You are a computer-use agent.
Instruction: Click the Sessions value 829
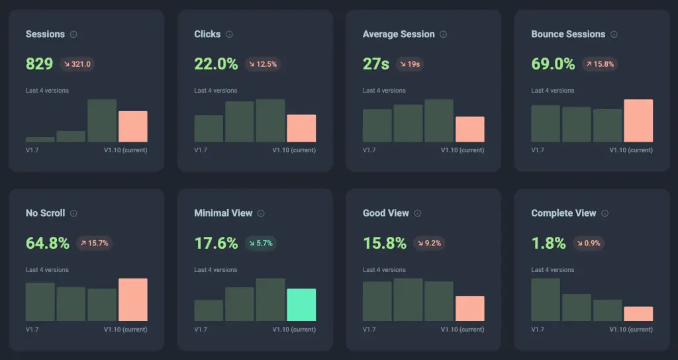[39, 64]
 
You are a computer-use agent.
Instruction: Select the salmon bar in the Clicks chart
[301, 128]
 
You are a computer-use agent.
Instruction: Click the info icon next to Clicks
[229, 34]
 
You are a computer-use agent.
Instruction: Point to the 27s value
[376, 64]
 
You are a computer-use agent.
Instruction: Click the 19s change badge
[411, 64]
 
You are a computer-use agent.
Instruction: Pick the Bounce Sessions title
[568, 34]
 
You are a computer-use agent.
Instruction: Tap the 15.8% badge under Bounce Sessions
[600, 64]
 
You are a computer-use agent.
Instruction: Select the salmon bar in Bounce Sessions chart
[638, 120]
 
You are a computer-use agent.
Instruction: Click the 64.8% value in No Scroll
[48, 243]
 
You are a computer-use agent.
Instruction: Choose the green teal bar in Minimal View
[301, 304]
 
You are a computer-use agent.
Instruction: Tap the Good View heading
[385, 213]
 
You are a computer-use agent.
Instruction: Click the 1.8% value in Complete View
[548, 243]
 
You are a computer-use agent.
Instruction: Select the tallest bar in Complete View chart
[546, 300]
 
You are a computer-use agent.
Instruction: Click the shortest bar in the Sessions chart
[40, 139]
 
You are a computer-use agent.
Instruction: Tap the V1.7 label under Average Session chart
[369, 150]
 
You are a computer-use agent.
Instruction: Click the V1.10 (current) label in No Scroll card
[125, 329]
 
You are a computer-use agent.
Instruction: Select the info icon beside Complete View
[605, 213]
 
